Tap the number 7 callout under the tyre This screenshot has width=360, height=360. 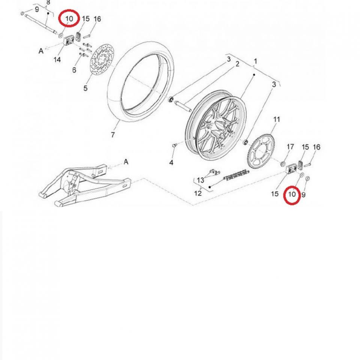coord(113,135)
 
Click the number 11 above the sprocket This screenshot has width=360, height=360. coord(276,120)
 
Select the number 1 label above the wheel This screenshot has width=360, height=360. coord(255,61)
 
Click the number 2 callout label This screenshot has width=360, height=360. coord(237,64)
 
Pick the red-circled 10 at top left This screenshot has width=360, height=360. coord(69,18)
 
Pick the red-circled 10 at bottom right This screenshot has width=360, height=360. coord(291,194)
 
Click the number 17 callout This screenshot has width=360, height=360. coord(290,147)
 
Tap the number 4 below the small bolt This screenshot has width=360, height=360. coord(171,162)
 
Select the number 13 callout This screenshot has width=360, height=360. coord(201,180)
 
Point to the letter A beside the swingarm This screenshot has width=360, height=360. coord(126,162)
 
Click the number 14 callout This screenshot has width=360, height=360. coord(57,59)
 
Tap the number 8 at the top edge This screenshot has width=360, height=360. coord(48,3)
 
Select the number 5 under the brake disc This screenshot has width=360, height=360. coord(85,88)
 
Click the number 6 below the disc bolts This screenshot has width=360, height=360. coord(74,70)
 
